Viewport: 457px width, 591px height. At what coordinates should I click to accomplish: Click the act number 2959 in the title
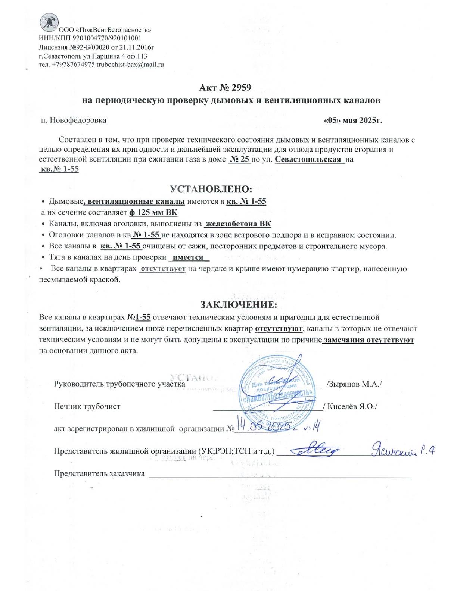[241, 88]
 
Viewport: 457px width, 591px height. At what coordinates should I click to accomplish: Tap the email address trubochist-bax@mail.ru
[130, 65]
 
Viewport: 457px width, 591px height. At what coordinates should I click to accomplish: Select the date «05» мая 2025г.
[353, 121]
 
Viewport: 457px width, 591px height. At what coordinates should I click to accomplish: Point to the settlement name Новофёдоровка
[78, 120]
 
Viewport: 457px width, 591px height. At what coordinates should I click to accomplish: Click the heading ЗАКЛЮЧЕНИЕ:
[239, 305]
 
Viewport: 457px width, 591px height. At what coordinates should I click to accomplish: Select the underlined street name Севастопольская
[308, 159]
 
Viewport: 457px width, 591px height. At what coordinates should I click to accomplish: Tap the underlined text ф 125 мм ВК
[153, 213]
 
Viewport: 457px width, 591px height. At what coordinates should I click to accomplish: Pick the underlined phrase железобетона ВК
[238, 224]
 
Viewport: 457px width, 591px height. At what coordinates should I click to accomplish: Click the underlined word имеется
[188, 257]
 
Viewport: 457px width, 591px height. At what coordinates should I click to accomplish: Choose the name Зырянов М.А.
[354, 384]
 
